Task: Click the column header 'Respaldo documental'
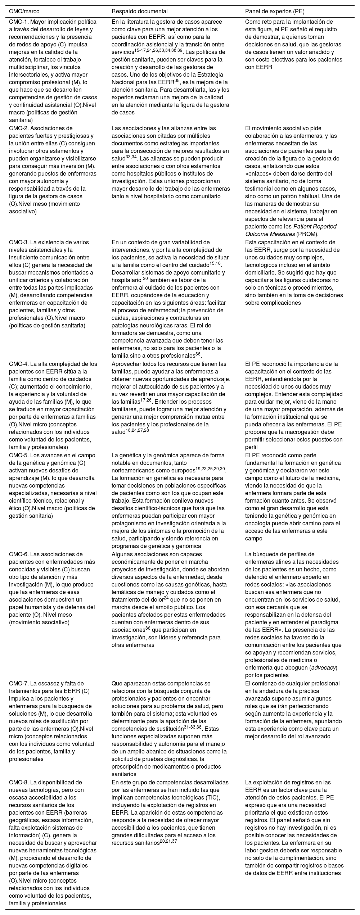tap(134, 12)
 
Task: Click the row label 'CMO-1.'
tap(18, 22)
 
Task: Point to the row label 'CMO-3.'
tap(18, 242)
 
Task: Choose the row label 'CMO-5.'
tap(18, 455)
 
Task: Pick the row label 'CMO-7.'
tap(18, 683)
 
